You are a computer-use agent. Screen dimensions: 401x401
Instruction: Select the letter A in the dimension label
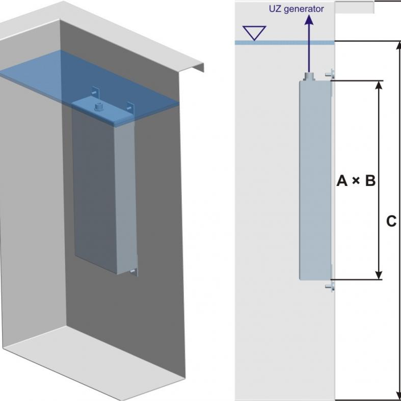(342, 180)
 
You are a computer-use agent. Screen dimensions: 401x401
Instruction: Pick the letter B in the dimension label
(370, 180)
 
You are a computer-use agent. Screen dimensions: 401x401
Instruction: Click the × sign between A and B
(356, 181)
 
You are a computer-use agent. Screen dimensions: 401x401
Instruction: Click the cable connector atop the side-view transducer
(308, 76)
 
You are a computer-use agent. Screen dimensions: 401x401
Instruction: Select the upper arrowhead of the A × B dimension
(378, 85)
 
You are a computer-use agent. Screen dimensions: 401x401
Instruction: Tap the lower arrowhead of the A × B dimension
(378, 275)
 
